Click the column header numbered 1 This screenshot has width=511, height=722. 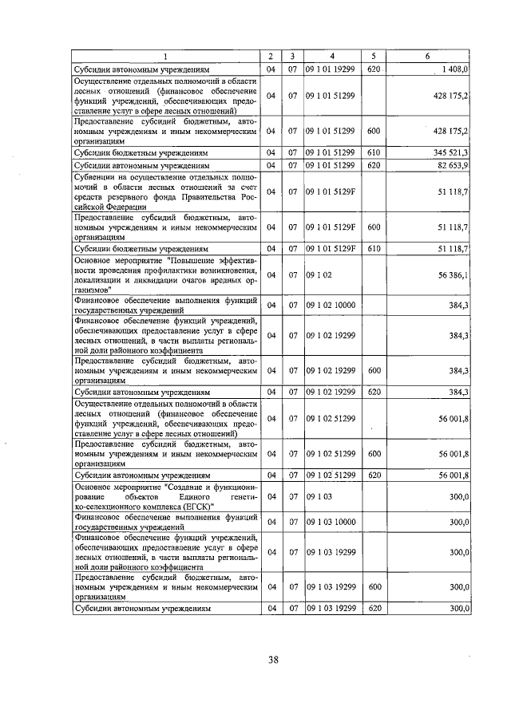[x=165, y=56]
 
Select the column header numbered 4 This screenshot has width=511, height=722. [x=331, y=56]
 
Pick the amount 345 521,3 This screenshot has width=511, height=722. [x=451, y=151]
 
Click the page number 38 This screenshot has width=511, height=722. [x=273, y=659]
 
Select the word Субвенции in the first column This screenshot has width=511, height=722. [x=97, y=176]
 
